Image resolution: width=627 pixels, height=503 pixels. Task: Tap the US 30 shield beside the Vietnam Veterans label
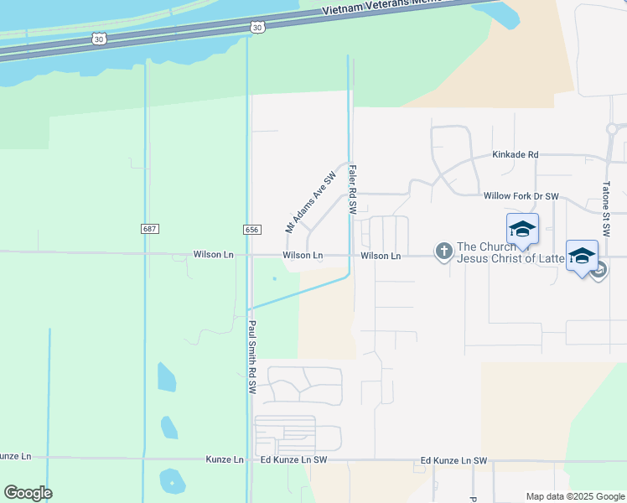click(256, 28)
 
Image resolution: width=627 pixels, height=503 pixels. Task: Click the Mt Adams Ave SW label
click(310, 202)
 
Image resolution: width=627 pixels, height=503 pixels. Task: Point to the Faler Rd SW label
click(353, 189)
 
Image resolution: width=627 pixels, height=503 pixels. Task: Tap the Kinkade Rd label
click(515, 155)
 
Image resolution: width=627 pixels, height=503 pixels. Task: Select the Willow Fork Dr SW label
click(521, 196)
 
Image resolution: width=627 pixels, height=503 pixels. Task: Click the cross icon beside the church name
click(443, 251)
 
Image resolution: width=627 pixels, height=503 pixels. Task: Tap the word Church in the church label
click(490, 246)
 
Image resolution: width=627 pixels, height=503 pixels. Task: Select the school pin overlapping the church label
click(522, 229)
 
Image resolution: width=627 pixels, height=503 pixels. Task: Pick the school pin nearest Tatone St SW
click(582, 256)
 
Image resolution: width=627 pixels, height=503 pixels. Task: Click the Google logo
click(28, 493)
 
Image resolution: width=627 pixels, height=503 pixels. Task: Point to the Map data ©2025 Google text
click(574, 496)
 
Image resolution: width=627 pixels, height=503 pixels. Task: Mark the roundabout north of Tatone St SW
click(614, 129)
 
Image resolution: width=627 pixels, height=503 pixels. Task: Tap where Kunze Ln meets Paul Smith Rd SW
click(249, 459)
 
